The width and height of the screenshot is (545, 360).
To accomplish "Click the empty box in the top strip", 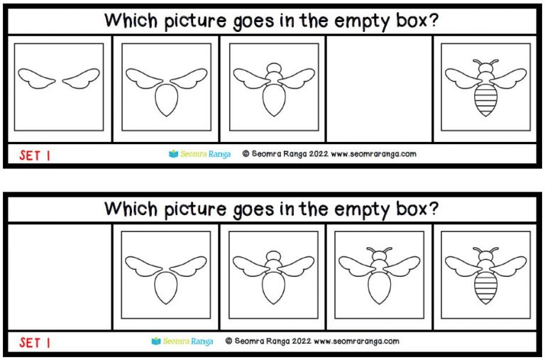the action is pyautogui.click(x=379, y=89).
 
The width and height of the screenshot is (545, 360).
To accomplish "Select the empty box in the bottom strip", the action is pyautogui.click(x=60, y=277).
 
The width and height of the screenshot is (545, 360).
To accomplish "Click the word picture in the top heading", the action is pyautogui.click(x=195, y=21).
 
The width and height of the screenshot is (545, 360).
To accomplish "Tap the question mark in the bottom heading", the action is pyautogui.click(x=433, y=208).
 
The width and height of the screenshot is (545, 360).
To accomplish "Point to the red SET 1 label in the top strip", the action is pyautogui.click(x=35, y=156).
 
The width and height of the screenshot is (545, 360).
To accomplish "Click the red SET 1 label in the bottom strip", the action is pyautogui.click(x=35, y=343).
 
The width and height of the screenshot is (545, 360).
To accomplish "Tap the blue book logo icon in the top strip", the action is pyautogui.click(x=173, y=153).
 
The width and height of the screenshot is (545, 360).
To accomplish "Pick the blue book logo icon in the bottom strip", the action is pyautogui.click(x=156, y=341).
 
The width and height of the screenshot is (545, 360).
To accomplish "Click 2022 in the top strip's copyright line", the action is pyautogui.click(x=319, y=154).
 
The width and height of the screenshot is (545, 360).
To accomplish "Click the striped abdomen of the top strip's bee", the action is pyautogui.click(x=485, y=100).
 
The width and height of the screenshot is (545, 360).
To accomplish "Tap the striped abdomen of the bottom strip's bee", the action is pyautogui.click(x=485, y=288).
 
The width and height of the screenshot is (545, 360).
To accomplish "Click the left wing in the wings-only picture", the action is pyautogui.click(x=36, y=78).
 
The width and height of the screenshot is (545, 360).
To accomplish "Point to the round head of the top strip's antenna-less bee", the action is pyautogui.click(x=274, y=67).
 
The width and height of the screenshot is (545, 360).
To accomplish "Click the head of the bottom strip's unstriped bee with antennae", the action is pyautogui.click(x=379, y=256).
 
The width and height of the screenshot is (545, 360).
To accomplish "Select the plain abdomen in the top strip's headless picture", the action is pyautogui.click(x=167, y=100).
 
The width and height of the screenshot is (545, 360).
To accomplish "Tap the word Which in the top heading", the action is pyautogui.click(x=131, y=20).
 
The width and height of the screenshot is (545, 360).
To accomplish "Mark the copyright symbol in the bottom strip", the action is pyautogui.click(x=229, y=341).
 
